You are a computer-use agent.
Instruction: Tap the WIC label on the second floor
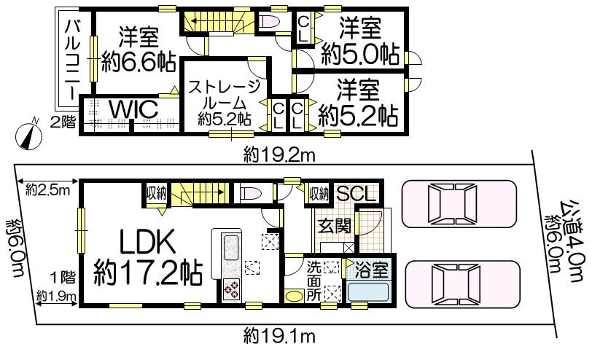[133, 109]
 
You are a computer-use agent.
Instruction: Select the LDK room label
[147, 242]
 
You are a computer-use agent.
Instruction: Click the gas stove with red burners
[231, 289]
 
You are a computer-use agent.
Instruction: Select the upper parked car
[459, 204]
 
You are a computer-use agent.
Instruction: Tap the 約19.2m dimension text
[279, 154]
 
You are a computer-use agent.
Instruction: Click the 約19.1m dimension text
[279, 336]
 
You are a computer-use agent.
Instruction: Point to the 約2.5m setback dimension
[47, 190]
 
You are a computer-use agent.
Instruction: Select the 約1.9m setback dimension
[57, 297]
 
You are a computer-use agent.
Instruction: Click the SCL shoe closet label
[356, 194]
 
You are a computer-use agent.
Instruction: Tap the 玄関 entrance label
[334, 226]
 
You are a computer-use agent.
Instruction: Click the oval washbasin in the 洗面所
[293, 295]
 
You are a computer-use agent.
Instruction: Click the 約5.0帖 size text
[360, 55]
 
